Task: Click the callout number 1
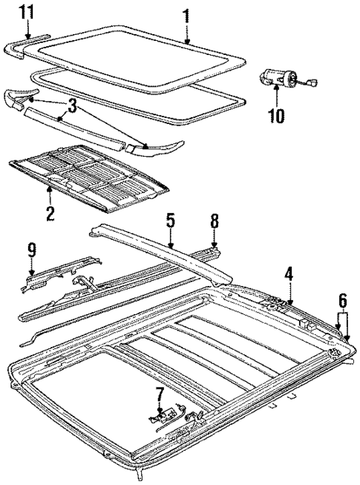coord(186,13)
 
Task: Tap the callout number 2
coord(49,215)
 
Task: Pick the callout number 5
coord(170,220)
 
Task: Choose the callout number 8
coord(214,220)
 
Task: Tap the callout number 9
coord(32,250)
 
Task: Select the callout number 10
coord(275,117)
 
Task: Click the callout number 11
coord(27,12)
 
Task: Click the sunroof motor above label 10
coord(276,77)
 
